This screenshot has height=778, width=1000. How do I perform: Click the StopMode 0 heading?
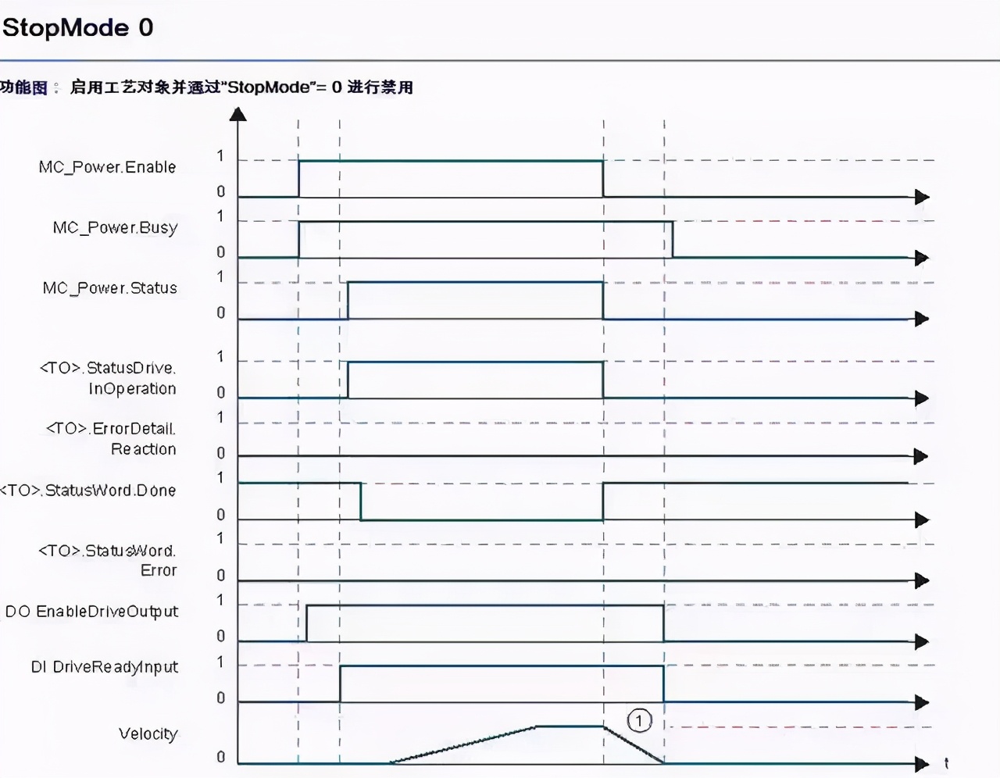(78, 28)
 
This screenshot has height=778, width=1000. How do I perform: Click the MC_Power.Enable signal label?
(108, 167)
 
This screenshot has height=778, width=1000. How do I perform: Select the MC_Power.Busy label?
(116, 227)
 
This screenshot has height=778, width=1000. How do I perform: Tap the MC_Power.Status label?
(110, 288)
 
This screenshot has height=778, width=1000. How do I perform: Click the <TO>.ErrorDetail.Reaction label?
(112, 438)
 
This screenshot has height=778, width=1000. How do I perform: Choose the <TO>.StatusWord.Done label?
(88, 491)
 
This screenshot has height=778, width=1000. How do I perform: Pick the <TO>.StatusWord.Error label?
(108, 560)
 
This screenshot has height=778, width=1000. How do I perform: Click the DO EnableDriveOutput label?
(91, 612)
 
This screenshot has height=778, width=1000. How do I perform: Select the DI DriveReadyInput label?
(105, 667)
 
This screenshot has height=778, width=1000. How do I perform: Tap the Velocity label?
(148, 733)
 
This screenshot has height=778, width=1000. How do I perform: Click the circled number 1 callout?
(639, 719)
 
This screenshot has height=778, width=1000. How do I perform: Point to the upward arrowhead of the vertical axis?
(238, 114)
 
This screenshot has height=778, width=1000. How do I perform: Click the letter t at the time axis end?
(946, 763)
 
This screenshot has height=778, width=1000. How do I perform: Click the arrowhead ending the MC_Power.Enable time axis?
(922, 197)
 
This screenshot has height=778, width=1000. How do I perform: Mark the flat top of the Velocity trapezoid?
(570, 726)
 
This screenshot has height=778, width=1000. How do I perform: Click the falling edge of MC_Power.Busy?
(673, 240)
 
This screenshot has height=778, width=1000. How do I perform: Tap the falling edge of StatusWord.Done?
(360, 501)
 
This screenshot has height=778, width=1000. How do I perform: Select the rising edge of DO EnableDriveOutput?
(307, 623)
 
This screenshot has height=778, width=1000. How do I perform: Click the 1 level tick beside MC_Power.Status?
(220, 277)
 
